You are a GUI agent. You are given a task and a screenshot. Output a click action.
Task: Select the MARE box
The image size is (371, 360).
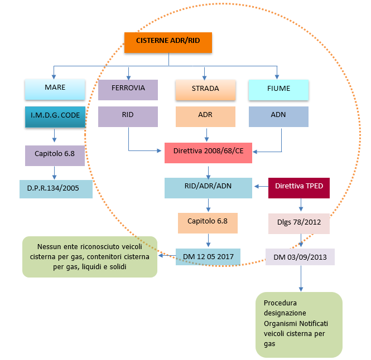pyautogui.click(x=55, y=88)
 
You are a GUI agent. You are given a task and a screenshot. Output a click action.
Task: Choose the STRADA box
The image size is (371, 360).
pyautogui.click(x=205, y=89)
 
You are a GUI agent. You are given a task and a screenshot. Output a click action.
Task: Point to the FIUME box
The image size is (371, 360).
pyautogui.click(x=278, y=88)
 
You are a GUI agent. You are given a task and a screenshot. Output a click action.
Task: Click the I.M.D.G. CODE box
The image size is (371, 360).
pyautogui.click(x=55, y=116)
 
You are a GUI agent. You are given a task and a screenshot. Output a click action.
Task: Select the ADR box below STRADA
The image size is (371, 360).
pyautogui.click(x=205, y=116)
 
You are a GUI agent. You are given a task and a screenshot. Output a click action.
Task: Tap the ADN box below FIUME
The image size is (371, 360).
pyautogui.click(x=278, y=116)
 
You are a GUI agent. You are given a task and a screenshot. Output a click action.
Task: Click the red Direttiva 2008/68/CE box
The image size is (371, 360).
pyautogui.click(x=208, y=152)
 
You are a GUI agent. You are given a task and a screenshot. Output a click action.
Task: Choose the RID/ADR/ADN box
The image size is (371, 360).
pyautogui.click(x=208, y=188)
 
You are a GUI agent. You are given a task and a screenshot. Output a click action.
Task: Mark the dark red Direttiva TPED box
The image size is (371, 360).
pyautogui.click(x=299, y=188)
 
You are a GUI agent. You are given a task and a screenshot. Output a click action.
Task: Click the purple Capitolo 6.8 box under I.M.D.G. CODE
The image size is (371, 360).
pyautogui.click(x=55, y=155)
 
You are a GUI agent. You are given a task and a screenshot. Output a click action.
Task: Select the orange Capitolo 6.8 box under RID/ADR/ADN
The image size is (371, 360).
pyautogui.click(x=208, y=222)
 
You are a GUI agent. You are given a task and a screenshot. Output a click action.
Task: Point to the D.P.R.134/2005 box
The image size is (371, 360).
pyautogui.click(x=55, y=189)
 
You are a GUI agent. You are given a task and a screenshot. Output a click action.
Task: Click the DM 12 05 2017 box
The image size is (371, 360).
pyautogui.click(x=208, y=256)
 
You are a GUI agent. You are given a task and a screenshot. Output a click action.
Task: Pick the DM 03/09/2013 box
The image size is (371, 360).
pyautogui.click(x=300, y=256)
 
